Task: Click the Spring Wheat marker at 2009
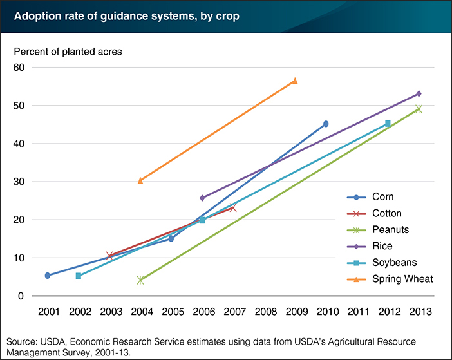(x=294, y=81)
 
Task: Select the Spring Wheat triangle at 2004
(x=140, y=180)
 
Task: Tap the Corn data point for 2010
(x=326, y=124)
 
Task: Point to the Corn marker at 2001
(x=48, y=276)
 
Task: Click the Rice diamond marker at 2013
(x=419, y=94)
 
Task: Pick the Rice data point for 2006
(x=202, y=198)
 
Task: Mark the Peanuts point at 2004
(x=140, y=280)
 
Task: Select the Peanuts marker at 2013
(x=419, y=109)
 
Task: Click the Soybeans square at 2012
(x=388, y=123)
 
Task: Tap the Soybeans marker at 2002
(x=79, y=276)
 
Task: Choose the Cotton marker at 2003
(x=109, y=256)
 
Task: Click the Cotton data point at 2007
(x=233, y=208)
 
